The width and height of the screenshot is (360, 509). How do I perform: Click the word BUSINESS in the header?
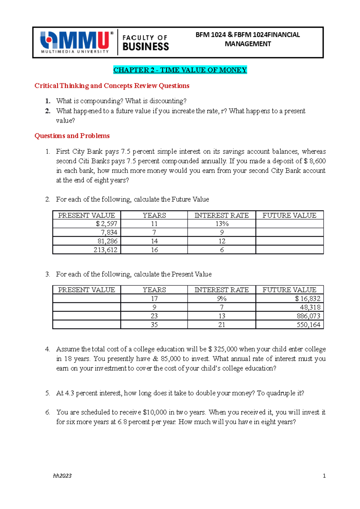146,47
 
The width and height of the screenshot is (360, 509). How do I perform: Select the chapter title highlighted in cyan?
180,70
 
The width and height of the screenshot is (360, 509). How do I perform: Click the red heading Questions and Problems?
72,136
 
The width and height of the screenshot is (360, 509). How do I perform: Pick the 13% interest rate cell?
222,224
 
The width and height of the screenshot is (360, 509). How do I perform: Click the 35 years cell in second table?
154,325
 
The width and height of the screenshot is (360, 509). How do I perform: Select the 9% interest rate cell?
222,299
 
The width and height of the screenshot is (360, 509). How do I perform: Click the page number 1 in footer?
324,476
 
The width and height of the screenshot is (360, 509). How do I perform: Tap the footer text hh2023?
62,476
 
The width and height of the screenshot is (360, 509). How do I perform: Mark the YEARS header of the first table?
154,215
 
